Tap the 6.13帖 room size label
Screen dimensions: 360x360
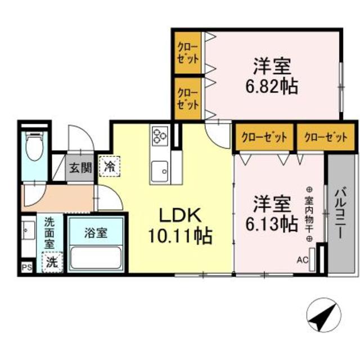[271, 224]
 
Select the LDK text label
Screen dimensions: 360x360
[179, 215]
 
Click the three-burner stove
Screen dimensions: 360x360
[160, 135]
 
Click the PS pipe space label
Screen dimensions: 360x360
[26, 267]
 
